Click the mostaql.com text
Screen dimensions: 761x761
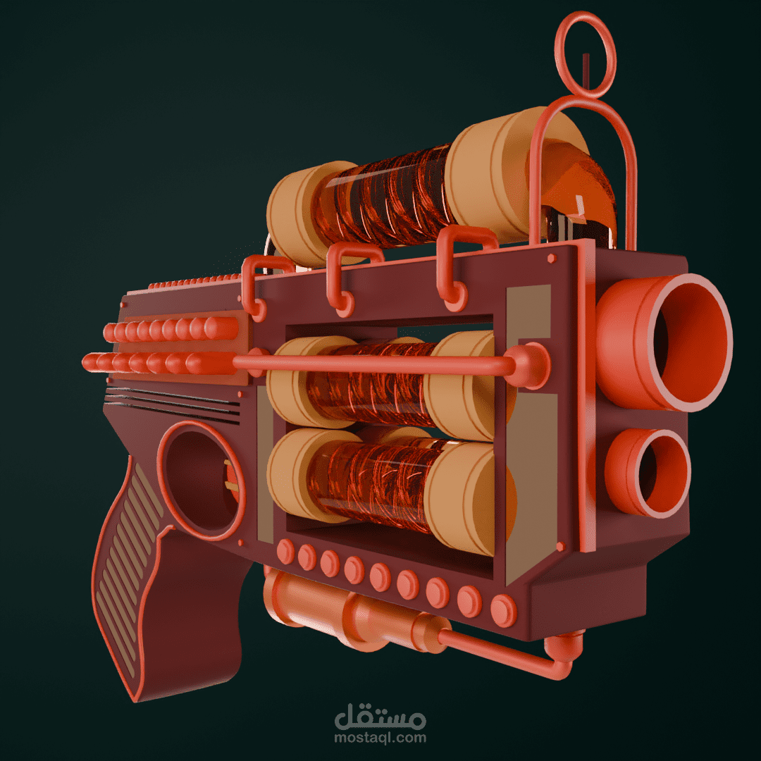click(380, 738)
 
